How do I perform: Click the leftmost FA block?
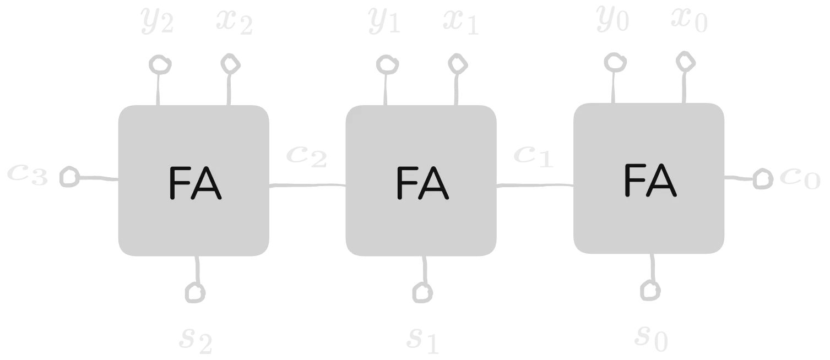[x=194, y=180]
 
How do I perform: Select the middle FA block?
[x=421, y=180]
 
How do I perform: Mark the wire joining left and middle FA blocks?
[x=308, y=185]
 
